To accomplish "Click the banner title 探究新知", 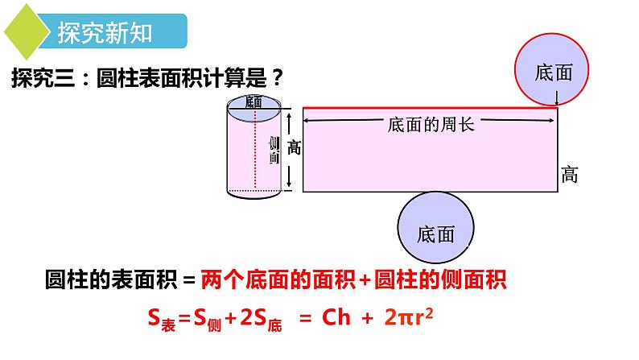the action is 105,33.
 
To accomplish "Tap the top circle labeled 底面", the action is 554,72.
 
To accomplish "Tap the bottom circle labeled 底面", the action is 437,233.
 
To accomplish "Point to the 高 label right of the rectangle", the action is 570,173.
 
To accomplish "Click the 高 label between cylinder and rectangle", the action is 294,148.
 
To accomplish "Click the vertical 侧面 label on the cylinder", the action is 274,150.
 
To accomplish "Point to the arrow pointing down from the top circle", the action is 557,96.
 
